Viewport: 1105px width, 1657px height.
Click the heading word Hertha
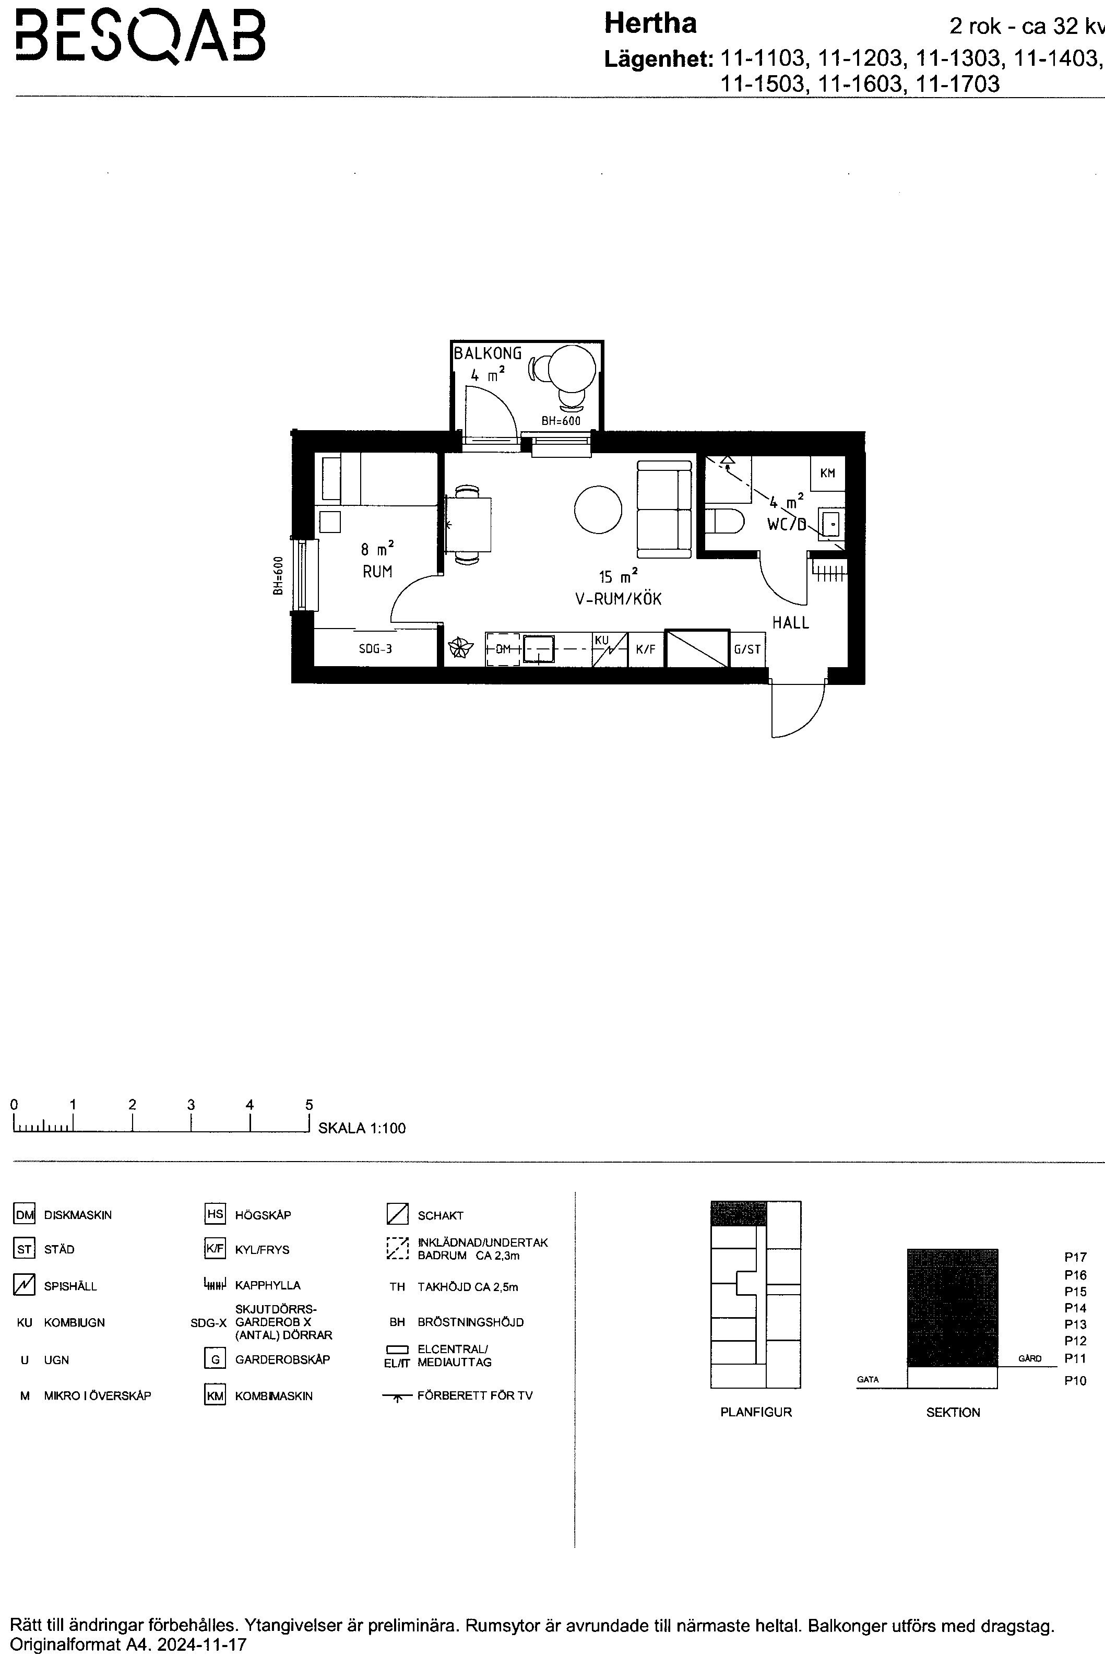[650, 24]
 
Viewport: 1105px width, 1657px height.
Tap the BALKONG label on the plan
[488, 353]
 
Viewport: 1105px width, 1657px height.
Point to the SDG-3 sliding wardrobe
[375, 648]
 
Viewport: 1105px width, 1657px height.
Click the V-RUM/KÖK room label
[618, 599]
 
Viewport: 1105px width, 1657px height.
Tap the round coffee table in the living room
[598, 510]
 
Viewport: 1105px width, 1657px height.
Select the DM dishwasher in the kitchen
[503, 649]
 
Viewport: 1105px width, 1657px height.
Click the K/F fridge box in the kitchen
[646, 649]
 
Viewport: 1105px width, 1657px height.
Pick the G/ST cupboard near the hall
[747, 649]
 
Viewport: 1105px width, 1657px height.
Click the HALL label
[791, 622]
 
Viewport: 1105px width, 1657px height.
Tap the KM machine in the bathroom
[827, 474]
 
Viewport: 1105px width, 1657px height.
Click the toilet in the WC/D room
[724, 522]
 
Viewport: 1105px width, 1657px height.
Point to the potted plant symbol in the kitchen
[460, 648]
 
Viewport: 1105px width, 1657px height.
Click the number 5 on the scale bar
[308, 1105]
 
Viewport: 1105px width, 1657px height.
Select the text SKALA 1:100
[362, 1128]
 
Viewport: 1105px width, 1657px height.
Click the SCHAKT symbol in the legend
[397, 1214]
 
